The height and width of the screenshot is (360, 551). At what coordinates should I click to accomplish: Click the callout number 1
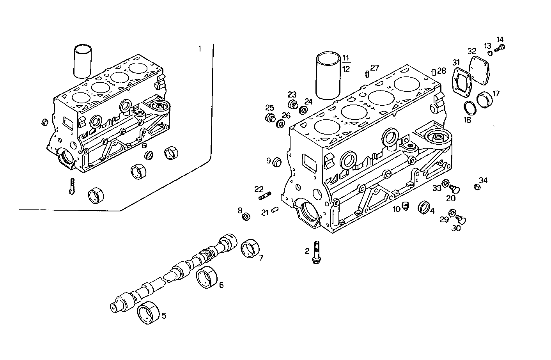pos(200,49)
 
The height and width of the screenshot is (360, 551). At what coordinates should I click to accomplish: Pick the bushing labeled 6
pos(206,277)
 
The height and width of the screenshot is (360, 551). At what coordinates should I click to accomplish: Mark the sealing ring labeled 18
pos(469,107)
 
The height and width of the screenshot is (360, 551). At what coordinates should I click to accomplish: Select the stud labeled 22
pos(264,196)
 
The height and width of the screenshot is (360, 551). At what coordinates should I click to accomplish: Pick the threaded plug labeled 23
pos(293,105)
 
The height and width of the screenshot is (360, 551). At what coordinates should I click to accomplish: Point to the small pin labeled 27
pos(367,74)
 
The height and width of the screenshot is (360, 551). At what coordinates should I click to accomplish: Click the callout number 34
pos(484,180)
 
